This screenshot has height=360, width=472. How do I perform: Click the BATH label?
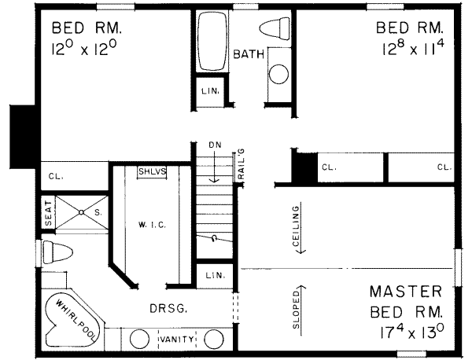[249, 54]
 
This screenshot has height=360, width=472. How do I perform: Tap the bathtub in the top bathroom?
[212, 41]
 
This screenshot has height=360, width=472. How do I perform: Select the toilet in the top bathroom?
[275, 28]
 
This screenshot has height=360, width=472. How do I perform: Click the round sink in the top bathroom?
[278, 74]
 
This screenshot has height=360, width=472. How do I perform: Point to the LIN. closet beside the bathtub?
[210, 91]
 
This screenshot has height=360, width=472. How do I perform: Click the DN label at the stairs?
[216, 145]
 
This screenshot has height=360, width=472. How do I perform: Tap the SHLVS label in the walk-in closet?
[153, 171]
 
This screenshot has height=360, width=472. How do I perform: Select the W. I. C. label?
[153, 225]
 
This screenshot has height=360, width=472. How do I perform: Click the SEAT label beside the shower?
[49, 213]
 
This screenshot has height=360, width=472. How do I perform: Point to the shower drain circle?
[81, 212]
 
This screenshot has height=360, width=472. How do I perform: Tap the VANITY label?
[177, 340]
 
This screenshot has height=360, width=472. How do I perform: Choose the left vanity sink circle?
[140, 340]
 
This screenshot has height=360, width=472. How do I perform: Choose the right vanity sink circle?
[214, 340]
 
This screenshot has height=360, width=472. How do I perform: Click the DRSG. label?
[168, 308]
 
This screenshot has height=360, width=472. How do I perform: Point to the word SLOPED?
[297, 310]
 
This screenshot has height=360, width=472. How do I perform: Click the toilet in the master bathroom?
[57, 252]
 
